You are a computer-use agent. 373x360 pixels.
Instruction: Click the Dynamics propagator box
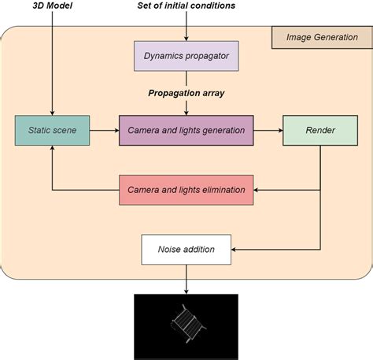[x=185, y=56]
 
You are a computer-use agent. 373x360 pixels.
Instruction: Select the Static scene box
[x=52, y=130]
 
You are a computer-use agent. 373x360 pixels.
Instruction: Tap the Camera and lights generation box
[x=186, y=130]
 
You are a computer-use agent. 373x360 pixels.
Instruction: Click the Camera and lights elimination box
[x=186, y=190]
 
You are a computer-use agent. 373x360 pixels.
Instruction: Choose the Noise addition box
[x=186, y=249]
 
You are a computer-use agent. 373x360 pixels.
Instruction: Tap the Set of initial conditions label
[x=186, y=7]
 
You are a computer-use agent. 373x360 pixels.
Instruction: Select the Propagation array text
[x=186, y=93]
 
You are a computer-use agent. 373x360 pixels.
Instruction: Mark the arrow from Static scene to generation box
[x=104, y=130]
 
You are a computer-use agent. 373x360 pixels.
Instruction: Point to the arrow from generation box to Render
[x=268, y=130]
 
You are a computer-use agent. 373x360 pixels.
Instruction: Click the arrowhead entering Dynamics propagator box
[x=186, y=37]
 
